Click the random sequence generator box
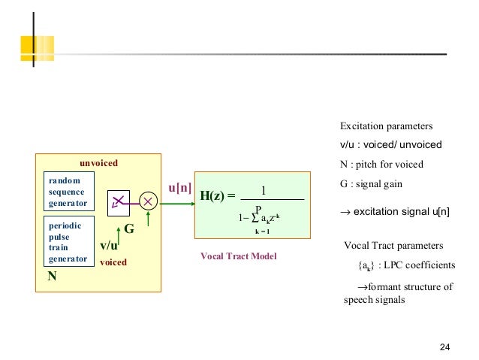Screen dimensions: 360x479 [x=67, y=192]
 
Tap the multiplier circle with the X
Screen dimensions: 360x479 [x=148, y=201]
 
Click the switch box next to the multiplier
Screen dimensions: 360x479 [x=119, y=201]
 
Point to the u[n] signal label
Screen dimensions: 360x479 [x=179, y=187]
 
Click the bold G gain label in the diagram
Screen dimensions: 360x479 [x=128, y=229]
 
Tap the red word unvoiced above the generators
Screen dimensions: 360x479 [x=99, y=162]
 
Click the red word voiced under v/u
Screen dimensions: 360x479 [x=113, y=262]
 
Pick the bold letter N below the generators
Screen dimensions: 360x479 [x=53, y=276]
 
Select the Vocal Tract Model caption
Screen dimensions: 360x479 [x=239, y=256]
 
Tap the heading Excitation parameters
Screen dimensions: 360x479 [x=387, y=126]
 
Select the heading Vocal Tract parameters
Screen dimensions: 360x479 [x=393, y=246]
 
